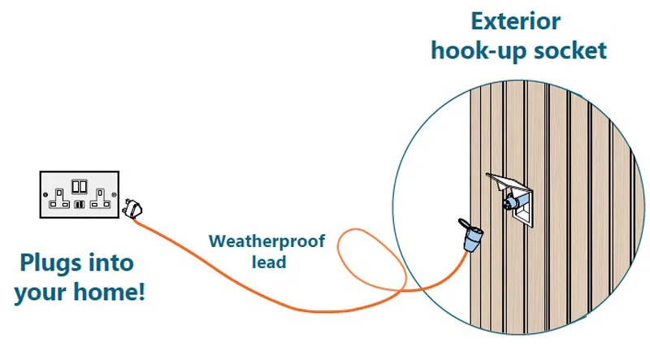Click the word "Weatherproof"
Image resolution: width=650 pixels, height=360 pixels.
267,241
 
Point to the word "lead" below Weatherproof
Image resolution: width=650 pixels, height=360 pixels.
267,262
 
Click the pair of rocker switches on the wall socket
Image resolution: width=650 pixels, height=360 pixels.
80,185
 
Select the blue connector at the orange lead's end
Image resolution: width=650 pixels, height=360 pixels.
472,241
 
